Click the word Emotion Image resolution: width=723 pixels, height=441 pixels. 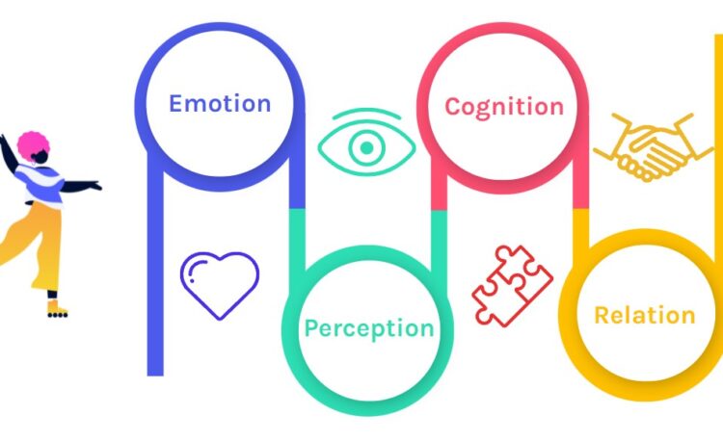[x=220, y=103]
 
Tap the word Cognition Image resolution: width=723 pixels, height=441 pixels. [x=503, y=106]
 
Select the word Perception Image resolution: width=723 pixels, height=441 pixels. [x=368, y=328]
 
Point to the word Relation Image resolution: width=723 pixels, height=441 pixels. [x=644, y=315]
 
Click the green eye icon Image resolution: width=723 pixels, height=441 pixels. [x=366, y=147]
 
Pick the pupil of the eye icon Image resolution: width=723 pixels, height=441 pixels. [x=366, y=148]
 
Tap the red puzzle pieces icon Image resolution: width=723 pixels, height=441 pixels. [x=511, y=283]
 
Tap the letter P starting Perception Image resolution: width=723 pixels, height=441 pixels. [x=311, y=328]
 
